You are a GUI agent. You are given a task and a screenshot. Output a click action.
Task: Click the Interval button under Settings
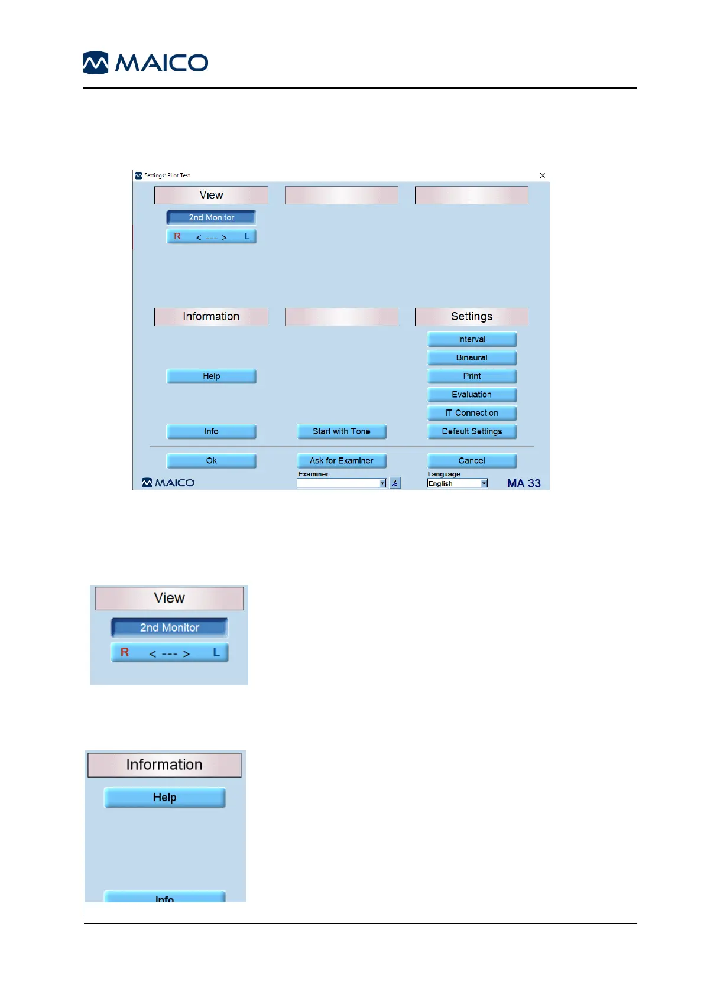pos(472,339)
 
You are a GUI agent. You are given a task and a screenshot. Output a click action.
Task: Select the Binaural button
pos(472,357)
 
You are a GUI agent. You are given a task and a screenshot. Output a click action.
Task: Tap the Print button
pos(472,376)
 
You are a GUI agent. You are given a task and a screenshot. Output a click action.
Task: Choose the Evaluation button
pos(472,394)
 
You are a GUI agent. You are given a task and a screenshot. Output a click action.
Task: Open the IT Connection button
pos(472,413)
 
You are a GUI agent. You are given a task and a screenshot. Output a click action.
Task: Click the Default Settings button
pos(472,431)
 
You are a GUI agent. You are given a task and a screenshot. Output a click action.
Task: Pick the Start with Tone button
pos(341,431)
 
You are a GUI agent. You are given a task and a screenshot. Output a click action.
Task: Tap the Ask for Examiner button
pos(341,460)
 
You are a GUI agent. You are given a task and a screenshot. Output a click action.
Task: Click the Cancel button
pos(472,460)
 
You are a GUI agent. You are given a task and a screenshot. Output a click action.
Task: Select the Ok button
pos(211,460)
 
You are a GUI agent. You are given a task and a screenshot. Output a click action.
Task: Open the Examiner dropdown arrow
pos(382,483)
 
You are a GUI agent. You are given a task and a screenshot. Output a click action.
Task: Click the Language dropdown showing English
pos(457,483)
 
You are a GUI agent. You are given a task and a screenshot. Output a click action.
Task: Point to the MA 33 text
pos(524,483)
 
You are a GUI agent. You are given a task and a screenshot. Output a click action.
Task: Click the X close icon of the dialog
pos(543,175)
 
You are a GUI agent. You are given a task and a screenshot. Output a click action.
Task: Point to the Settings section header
pos(472,317)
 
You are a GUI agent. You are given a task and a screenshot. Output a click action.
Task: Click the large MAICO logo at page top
pos(145,63)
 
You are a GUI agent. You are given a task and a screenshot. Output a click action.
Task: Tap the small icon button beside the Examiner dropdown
pos(395,483)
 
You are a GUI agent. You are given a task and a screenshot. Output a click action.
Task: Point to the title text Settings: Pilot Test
pos(167,175)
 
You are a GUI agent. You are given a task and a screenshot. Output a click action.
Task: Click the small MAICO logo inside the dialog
pos(168,483)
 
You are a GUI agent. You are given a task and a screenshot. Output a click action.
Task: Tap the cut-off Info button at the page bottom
pos(164,897)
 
